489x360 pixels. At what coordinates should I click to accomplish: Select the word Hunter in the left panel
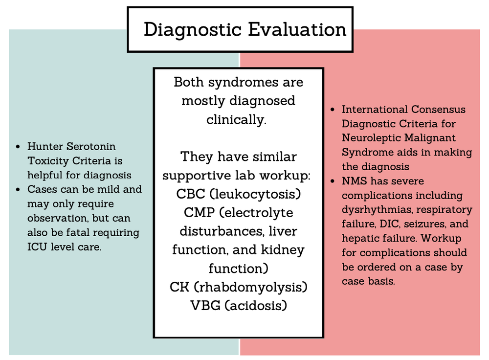click(x=44, y=146)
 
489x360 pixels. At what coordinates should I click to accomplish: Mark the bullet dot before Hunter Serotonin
click(x=18, y=146)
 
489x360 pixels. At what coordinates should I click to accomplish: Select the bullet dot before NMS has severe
click(x=333, y=181)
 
